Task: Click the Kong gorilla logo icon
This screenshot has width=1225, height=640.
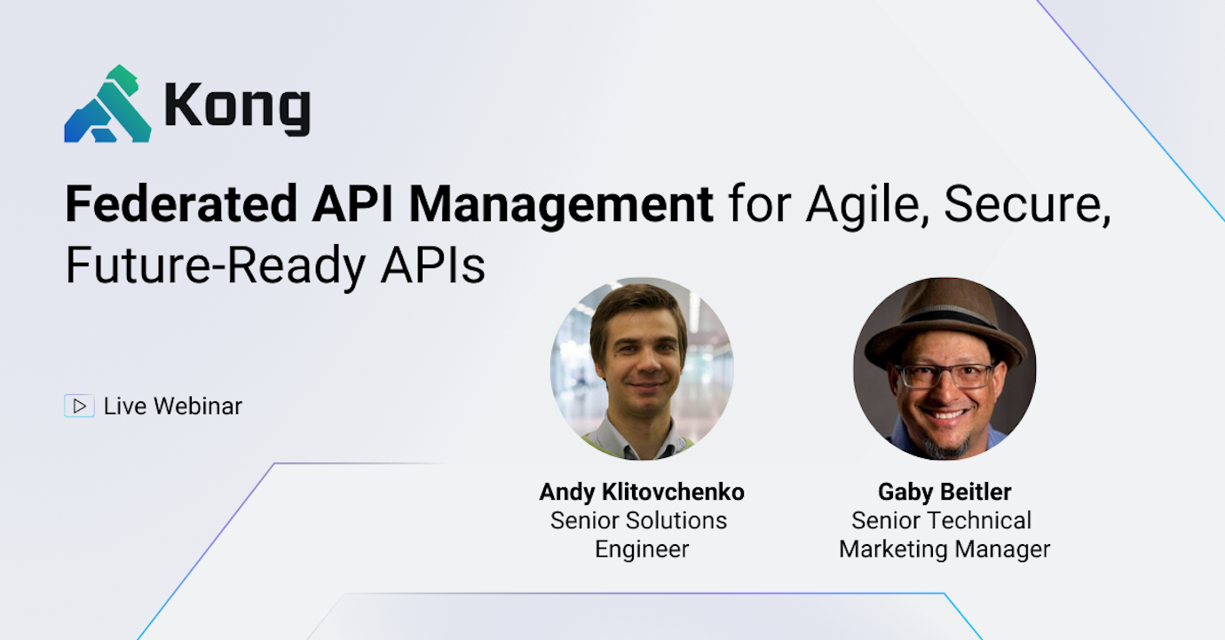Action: [x=107, y=105]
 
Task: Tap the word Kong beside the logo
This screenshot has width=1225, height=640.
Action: [x=237, y=107]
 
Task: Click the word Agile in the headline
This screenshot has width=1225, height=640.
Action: [x=865, y=206]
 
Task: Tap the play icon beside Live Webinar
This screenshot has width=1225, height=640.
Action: [x=79, y=407]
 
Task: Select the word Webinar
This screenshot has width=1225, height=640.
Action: [x=198, y=407]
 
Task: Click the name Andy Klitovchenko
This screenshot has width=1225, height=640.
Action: [x=642, y=492]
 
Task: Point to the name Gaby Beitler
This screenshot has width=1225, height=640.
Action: [x=944, y=492]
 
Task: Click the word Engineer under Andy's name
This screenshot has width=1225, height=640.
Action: [x=642, y=549]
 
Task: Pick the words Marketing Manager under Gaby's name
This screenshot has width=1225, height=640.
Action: [x=944, y=549]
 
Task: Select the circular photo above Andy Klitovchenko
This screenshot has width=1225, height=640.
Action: [x=642, y=368]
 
